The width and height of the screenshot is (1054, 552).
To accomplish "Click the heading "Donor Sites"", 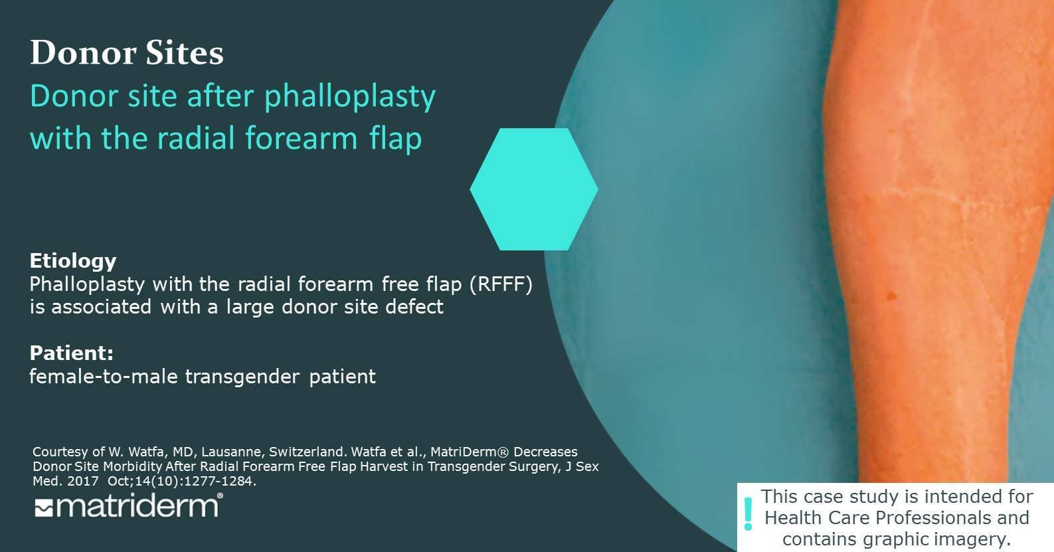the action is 127,52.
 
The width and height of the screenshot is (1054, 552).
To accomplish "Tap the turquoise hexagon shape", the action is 533,189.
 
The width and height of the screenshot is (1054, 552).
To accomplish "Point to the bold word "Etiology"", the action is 73,260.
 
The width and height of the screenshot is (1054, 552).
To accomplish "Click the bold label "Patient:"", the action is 72,353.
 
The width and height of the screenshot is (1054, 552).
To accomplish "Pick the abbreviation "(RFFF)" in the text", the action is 501,284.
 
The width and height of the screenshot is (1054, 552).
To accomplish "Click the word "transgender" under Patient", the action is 242,377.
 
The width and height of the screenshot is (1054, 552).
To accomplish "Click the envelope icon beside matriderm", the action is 44,509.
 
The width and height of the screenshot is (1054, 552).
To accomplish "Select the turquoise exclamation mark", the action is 748,514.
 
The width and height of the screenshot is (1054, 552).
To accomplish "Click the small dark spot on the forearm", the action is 891,296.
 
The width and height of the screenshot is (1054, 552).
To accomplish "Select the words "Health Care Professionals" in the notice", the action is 897,517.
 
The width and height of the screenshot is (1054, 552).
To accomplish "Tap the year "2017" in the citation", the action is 83,482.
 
